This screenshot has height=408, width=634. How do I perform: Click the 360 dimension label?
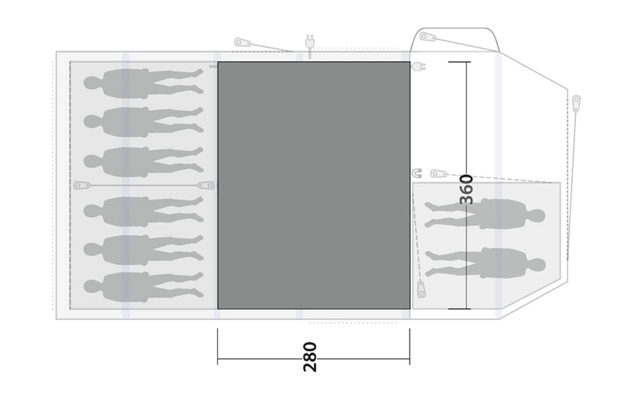467,189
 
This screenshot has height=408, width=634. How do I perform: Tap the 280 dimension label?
310,357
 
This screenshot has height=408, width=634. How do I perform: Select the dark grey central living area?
314,185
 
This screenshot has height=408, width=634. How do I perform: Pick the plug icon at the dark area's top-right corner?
418,66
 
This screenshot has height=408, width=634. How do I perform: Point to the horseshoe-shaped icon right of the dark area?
417,173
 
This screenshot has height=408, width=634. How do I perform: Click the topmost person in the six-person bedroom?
143,83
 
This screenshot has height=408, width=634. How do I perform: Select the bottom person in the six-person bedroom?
143,287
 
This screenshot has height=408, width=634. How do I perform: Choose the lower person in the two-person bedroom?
485,263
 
